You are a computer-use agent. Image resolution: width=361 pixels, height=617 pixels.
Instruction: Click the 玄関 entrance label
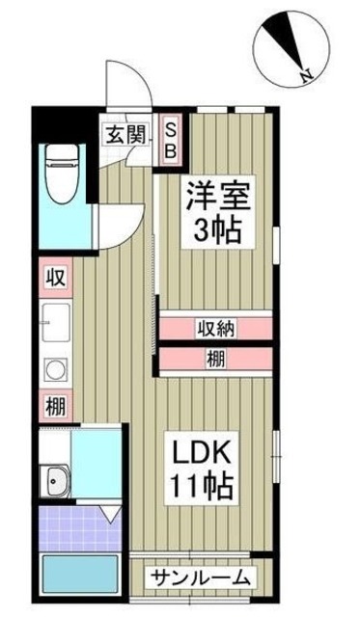click(x=125, y=133)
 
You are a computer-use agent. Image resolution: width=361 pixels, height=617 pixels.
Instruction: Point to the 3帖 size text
click(x=218, y=230)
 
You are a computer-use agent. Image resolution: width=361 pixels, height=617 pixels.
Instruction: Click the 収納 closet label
click(x=215, y=328)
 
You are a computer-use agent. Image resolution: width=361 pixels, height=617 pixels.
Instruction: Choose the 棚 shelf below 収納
click(x=215, y=359)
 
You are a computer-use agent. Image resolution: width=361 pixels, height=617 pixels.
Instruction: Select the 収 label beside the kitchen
click(x=55, y=279)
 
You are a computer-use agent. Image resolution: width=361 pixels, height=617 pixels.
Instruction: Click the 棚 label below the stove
click(x=55, y=407)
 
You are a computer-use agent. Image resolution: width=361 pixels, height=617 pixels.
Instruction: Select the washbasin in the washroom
click(x=55, y=480)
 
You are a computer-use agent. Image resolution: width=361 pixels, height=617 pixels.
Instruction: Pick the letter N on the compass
click(x=304, y=75)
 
